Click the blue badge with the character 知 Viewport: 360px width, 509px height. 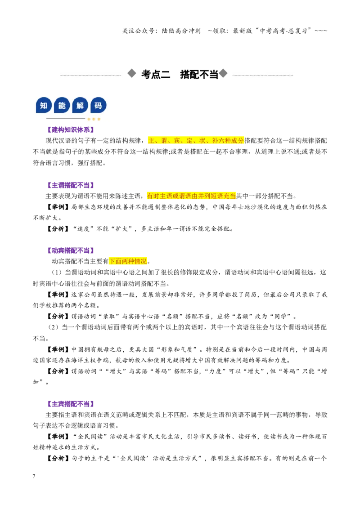point(44,105)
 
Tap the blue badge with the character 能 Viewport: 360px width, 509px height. point(62,105)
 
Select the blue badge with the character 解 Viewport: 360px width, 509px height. point(80,105)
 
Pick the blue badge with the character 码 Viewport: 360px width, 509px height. point(99,105)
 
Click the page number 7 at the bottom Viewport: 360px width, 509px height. point(34,476)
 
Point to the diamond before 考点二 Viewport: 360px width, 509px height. point(131,73)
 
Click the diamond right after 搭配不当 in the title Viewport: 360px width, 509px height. point(223,73)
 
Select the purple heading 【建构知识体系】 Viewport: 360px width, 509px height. point(71,130)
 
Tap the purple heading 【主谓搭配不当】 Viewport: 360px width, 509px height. point(71,185)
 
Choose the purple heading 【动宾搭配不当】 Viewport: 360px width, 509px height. point(71,250)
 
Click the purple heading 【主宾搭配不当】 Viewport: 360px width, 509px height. point(71,404)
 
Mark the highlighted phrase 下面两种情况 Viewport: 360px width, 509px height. point(128,261)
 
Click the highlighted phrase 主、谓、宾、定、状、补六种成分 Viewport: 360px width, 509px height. point(196,141)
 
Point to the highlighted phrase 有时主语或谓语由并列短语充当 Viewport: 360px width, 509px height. point(191,196)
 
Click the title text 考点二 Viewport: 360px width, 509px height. point(156,74)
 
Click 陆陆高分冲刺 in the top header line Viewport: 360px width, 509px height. point(181,31)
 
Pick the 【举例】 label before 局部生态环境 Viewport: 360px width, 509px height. point(58,207)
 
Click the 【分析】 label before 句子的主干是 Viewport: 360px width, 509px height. point(58,458)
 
